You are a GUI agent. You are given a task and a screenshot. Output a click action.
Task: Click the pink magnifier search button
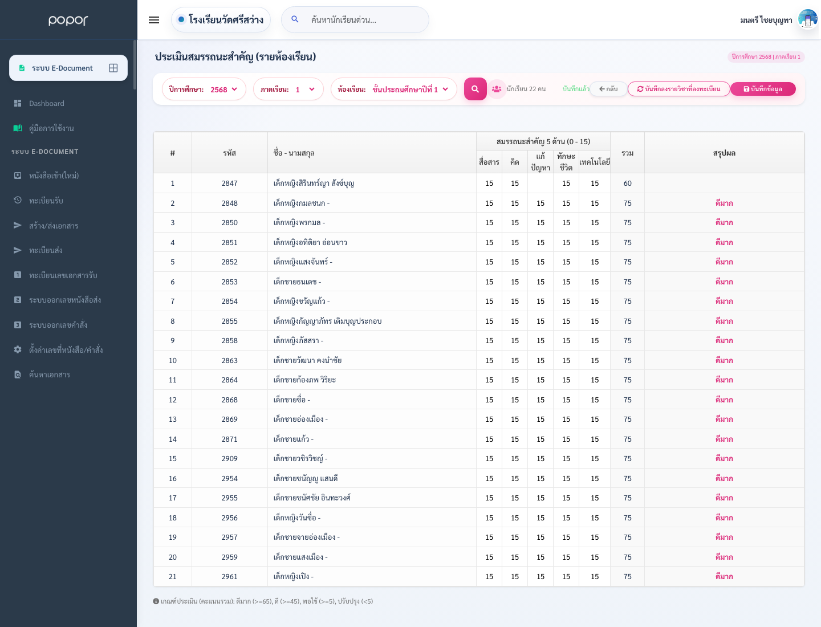pyautogui.click(x=475, y=89)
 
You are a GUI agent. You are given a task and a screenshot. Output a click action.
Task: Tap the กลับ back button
pyautogui.click(x=608, y=89)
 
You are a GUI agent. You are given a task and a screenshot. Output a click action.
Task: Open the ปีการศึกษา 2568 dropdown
pyautogui.click(x=204, y=89)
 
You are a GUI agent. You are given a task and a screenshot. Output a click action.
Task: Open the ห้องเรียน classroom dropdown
pyautogui.click(x=393, y=89)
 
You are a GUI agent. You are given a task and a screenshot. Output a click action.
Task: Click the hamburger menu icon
pyautogui.click(x=154, y=20)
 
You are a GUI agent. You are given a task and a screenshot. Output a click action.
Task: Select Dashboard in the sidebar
pyautogui.click(x=46, y=103)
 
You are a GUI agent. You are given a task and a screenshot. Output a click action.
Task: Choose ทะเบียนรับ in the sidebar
pyautogui.click(x=46, y=201)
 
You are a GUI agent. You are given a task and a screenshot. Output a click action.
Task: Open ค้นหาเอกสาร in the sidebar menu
pyautogui.click(x=50, y=374)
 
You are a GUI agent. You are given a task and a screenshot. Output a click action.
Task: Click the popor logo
pyautogui.click(x=68, y=20)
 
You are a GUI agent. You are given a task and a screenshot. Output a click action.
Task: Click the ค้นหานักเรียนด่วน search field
pyautogui.click(x=355, y=20)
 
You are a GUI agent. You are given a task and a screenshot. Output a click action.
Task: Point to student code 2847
pyautogui.click(x=229, y=183)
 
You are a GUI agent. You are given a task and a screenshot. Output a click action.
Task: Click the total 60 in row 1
pyautogui.click(x=627, y=183)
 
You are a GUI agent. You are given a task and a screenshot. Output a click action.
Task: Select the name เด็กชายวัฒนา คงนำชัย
pyautogui.click(x=307, y=360)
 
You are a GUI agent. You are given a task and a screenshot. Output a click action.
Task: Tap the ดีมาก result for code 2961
pyautogui.click(x=724, y=576)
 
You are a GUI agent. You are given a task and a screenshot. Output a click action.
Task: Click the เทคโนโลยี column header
pyautogui.click(x=594, y=162)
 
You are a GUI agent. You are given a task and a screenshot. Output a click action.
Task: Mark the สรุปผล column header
pyautogui.click(x=724, y=153)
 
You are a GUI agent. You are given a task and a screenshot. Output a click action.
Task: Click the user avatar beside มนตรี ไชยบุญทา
pyautogui.click(x=807, y=20)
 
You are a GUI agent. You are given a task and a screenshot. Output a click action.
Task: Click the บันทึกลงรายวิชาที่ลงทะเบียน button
pyautogui.click(x=678, y=89)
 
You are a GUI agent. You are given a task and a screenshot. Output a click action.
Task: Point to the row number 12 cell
pyautogui.click(x=172, y=400)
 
